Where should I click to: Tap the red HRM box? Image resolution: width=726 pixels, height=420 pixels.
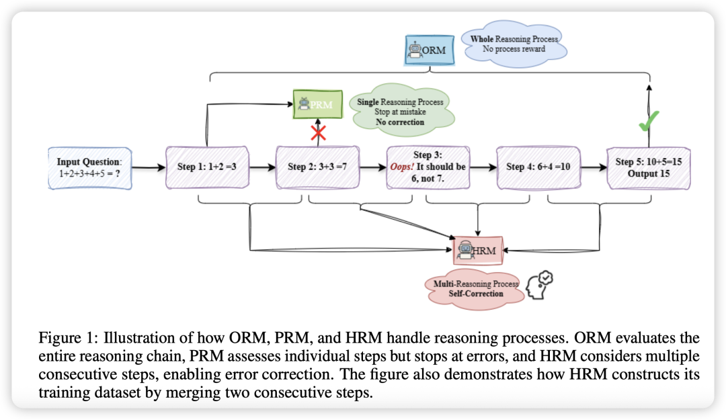478,251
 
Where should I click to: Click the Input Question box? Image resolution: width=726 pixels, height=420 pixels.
90,167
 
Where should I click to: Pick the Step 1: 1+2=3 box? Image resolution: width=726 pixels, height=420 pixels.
208,167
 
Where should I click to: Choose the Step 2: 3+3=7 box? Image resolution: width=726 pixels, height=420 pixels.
318,167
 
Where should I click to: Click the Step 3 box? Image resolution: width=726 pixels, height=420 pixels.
428,167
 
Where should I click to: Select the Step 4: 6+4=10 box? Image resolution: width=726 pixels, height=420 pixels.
538,167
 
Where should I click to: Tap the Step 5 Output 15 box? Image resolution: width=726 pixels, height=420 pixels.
648,167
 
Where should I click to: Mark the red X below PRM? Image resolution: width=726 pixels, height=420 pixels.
318,132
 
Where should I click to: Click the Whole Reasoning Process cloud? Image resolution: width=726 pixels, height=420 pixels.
514,44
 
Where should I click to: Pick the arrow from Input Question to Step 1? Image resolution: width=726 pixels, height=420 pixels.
148,167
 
